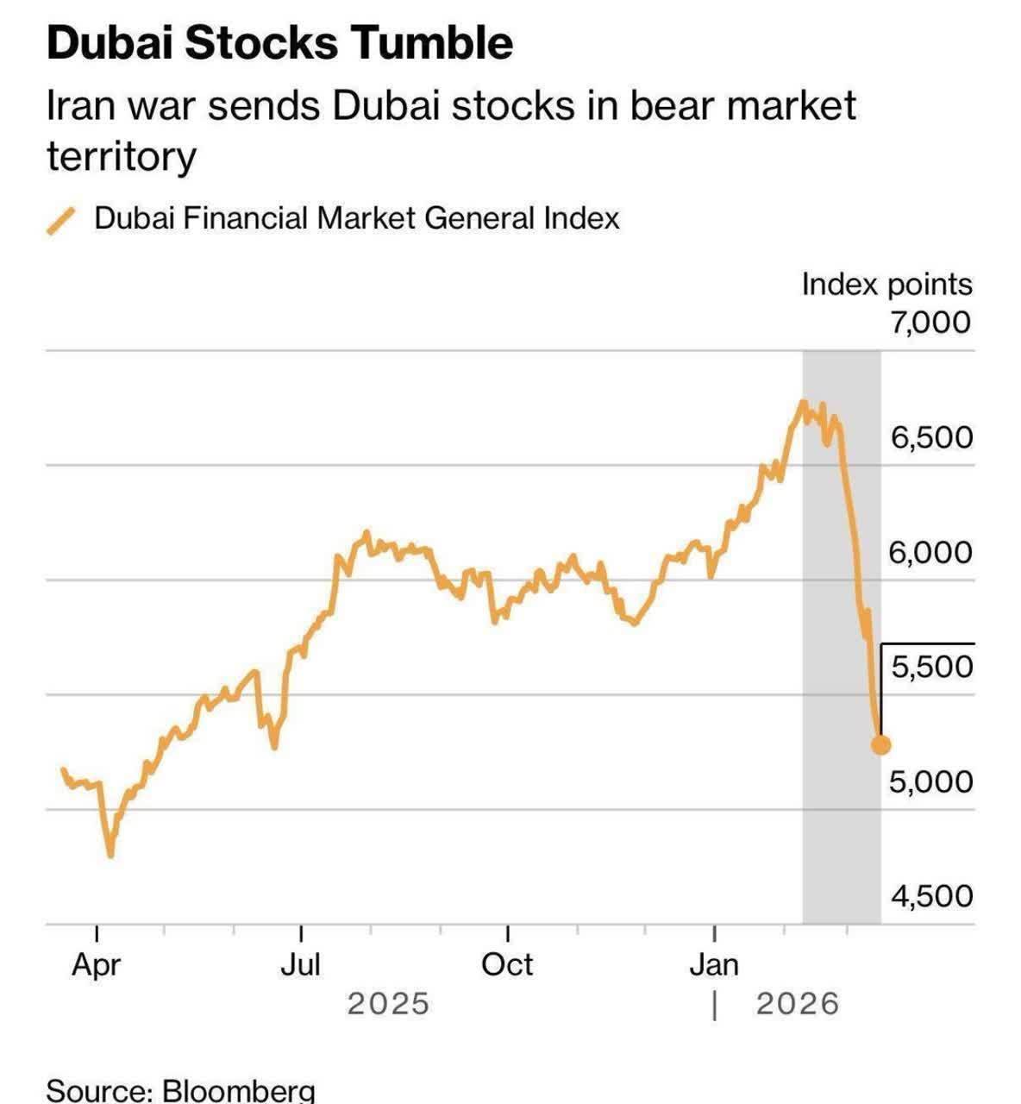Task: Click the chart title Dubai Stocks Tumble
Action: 279,43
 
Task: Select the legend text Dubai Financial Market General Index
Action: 356,218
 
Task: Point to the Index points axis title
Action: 886,284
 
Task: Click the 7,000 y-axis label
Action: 931,322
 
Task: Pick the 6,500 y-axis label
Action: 931,437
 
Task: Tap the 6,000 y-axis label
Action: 931,552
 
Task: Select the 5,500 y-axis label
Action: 931,667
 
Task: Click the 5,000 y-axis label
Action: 931,781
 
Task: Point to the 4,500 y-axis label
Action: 931,896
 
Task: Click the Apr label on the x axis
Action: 96,964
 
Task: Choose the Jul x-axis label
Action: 300,964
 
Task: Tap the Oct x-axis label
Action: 507,964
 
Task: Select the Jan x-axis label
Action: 714,964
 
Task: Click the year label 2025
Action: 388,1004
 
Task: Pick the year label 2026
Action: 798,1004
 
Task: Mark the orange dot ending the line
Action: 881,744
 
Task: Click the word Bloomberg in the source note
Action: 239,1090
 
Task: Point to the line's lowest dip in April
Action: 110,855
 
